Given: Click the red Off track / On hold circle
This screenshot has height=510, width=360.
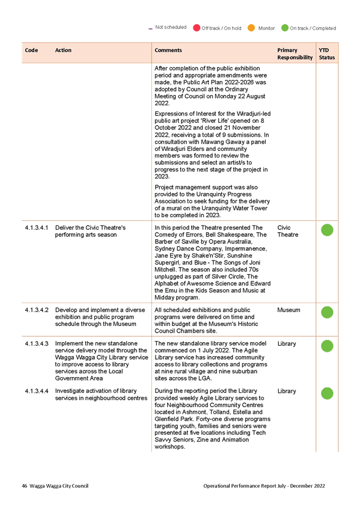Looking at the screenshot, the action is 197,28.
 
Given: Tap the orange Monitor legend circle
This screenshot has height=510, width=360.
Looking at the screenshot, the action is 251,28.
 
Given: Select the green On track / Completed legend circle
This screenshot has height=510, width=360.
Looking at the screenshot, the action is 285,28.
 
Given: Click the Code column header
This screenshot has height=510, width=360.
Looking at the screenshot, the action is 31,50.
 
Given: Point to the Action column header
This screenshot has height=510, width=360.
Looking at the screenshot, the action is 63,50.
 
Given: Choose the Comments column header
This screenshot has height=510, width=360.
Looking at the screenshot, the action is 168,50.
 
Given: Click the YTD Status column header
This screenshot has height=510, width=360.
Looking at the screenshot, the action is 327,54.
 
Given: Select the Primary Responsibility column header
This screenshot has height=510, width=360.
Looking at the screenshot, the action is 295,54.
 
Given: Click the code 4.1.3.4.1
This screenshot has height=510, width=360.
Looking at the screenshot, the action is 37,228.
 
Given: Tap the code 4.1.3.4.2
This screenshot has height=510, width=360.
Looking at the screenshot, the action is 37,310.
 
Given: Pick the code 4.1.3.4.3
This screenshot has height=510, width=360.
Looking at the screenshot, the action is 37,343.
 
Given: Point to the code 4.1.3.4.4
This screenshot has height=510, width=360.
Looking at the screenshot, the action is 37,391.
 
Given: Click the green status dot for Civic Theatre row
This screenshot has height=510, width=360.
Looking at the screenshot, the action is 327,230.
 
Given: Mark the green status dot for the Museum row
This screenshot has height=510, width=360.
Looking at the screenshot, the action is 327,312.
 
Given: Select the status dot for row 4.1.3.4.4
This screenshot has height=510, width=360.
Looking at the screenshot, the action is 327,393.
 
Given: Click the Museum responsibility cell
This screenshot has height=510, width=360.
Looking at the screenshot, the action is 288,310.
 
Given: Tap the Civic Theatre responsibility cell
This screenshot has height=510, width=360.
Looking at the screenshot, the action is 288,232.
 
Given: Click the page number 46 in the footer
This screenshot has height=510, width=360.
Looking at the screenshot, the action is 25,486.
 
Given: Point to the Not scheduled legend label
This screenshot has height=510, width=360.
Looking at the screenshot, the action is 171,27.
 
